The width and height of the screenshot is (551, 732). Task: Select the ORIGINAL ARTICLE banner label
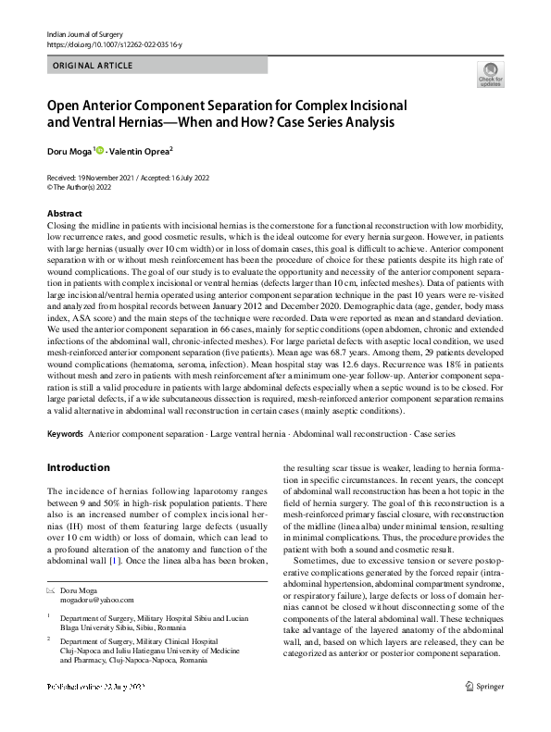click(93, 66)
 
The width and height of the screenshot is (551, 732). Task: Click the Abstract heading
click(65, 214)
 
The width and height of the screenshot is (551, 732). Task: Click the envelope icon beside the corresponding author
click(50, 590)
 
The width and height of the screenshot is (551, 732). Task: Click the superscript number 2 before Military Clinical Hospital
click(48, 638)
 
